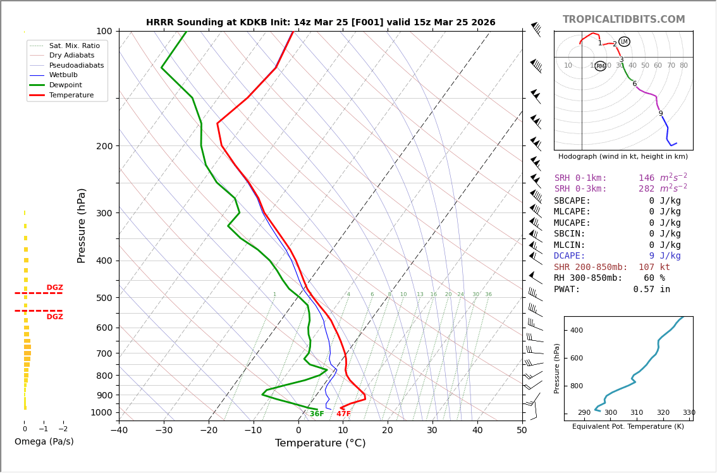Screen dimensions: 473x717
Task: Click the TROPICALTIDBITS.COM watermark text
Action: pyautogui.click(x=623, y=20)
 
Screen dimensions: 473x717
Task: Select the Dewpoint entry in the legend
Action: pyautogui.click(x=66, y=85)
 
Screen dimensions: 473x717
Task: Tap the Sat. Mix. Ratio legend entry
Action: pyautogui.click(x=74, y=46)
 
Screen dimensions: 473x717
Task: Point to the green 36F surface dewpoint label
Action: pyautogui.click(x=317, y=414)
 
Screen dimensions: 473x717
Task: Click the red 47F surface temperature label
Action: pyautogui.click(x=343, y=414)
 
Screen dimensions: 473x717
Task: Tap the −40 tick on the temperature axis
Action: pyautogui.click(x=119, y=431)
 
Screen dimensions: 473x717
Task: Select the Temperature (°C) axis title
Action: pyautogui.click(x=320, y=443)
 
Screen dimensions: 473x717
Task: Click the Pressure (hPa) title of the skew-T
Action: pyautogui.click(x=82, y=225)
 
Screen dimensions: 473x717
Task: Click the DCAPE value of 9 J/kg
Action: pyautogui.click(x=656, y=256)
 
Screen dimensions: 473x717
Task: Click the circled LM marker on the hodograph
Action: pyautogui.click(x=624, y=42)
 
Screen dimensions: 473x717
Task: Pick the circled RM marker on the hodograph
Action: pyautogui.click(x=600, y=66)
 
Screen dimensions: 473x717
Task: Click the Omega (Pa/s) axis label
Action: pyautogui.click(x=44, y=441)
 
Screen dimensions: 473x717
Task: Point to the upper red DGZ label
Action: pyautogui.click(x=54, y=288)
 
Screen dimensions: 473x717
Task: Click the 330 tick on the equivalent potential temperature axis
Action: pyautogui.click(x=689, y=413)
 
